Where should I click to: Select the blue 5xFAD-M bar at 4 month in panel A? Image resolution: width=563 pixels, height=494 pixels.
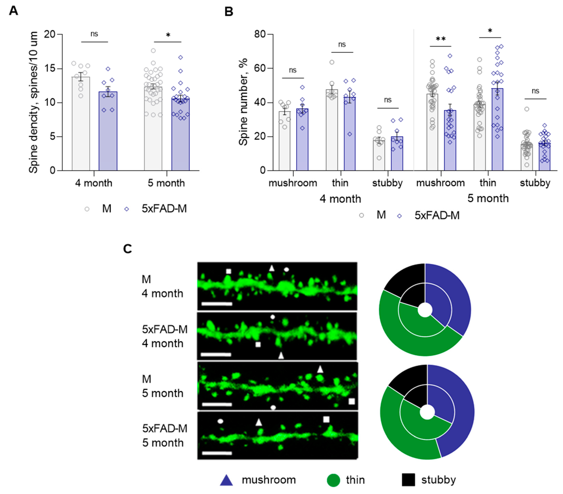(108, 132)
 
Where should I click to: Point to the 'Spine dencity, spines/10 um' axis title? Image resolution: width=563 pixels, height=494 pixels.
(34, 102)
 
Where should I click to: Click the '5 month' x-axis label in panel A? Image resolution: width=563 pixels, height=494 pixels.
(166, 183)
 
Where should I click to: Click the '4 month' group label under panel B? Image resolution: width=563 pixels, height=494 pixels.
(340, 199)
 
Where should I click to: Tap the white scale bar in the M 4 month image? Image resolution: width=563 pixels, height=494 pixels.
(217, 304)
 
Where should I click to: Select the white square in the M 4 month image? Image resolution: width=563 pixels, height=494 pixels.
(228, 271)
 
